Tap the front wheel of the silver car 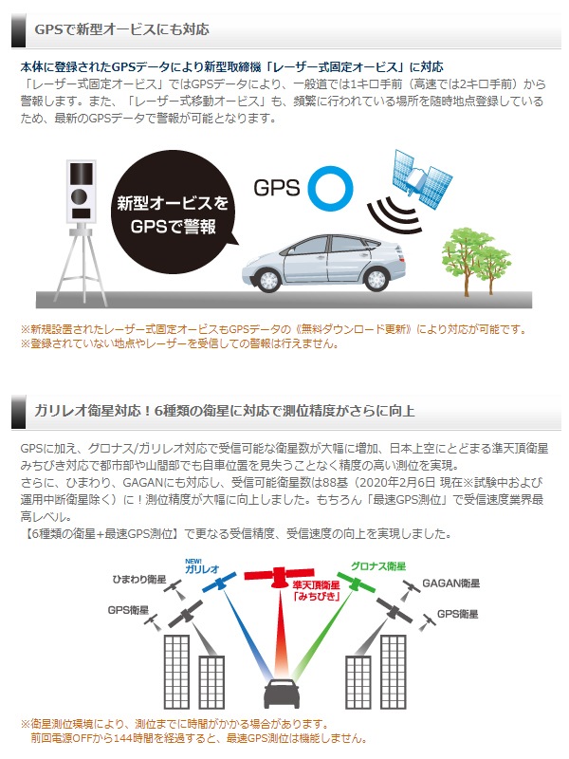pos(269,280)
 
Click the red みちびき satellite pos(279,577)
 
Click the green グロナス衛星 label pos(378,565)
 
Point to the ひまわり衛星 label pos(139,579)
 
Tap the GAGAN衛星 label pos(451,583)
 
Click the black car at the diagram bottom pos(282,694)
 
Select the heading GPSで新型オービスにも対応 pos(122,29)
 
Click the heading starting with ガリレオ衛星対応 pos(224,411)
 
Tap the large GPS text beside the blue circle pos(277,188)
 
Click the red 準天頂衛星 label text pos(317,585)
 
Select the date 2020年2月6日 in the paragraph pos(398,483)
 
